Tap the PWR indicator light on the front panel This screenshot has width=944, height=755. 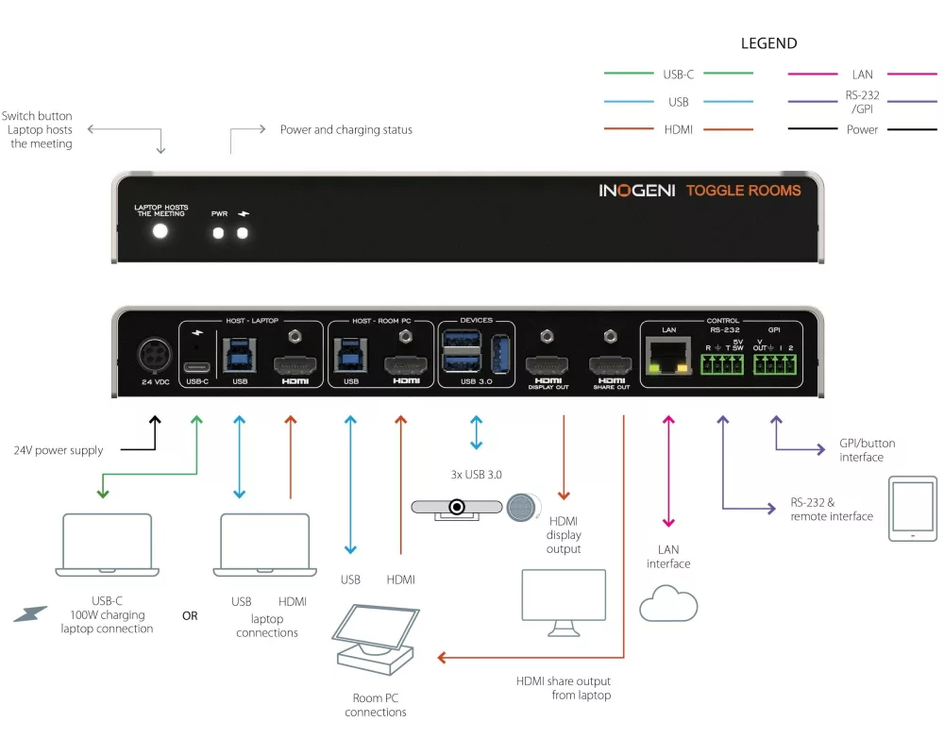(x=219, y=232)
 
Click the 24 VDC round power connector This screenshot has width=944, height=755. (x=154, y=357)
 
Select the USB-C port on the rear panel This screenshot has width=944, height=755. (x=197, y=367)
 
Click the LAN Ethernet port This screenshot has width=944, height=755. (x=669, y=358)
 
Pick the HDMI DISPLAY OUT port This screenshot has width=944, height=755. (x=548, y=366)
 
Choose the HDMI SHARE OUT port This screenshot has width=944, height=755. (x=611, y=366)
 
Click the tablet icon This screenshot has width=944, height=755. (x=912, y=509)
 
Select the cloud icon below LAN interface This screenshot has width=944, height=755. (x=668, y=604)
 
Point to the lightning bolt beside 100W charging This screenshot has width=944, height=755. (x=29, y=614)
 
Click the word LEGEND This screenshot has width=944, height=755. (x=768, y=43)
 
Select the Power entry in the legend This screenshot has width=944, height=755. (x=862, y=129)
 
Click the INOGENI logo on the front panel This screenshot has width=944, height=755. (x=636, y=191)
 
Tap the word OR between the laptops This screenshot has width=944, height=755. (x=190, y=615)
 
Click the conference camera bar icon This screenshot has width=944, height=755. (x=457, y=507)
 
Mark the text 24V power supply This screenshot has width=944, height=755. (x=59, y=450)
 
